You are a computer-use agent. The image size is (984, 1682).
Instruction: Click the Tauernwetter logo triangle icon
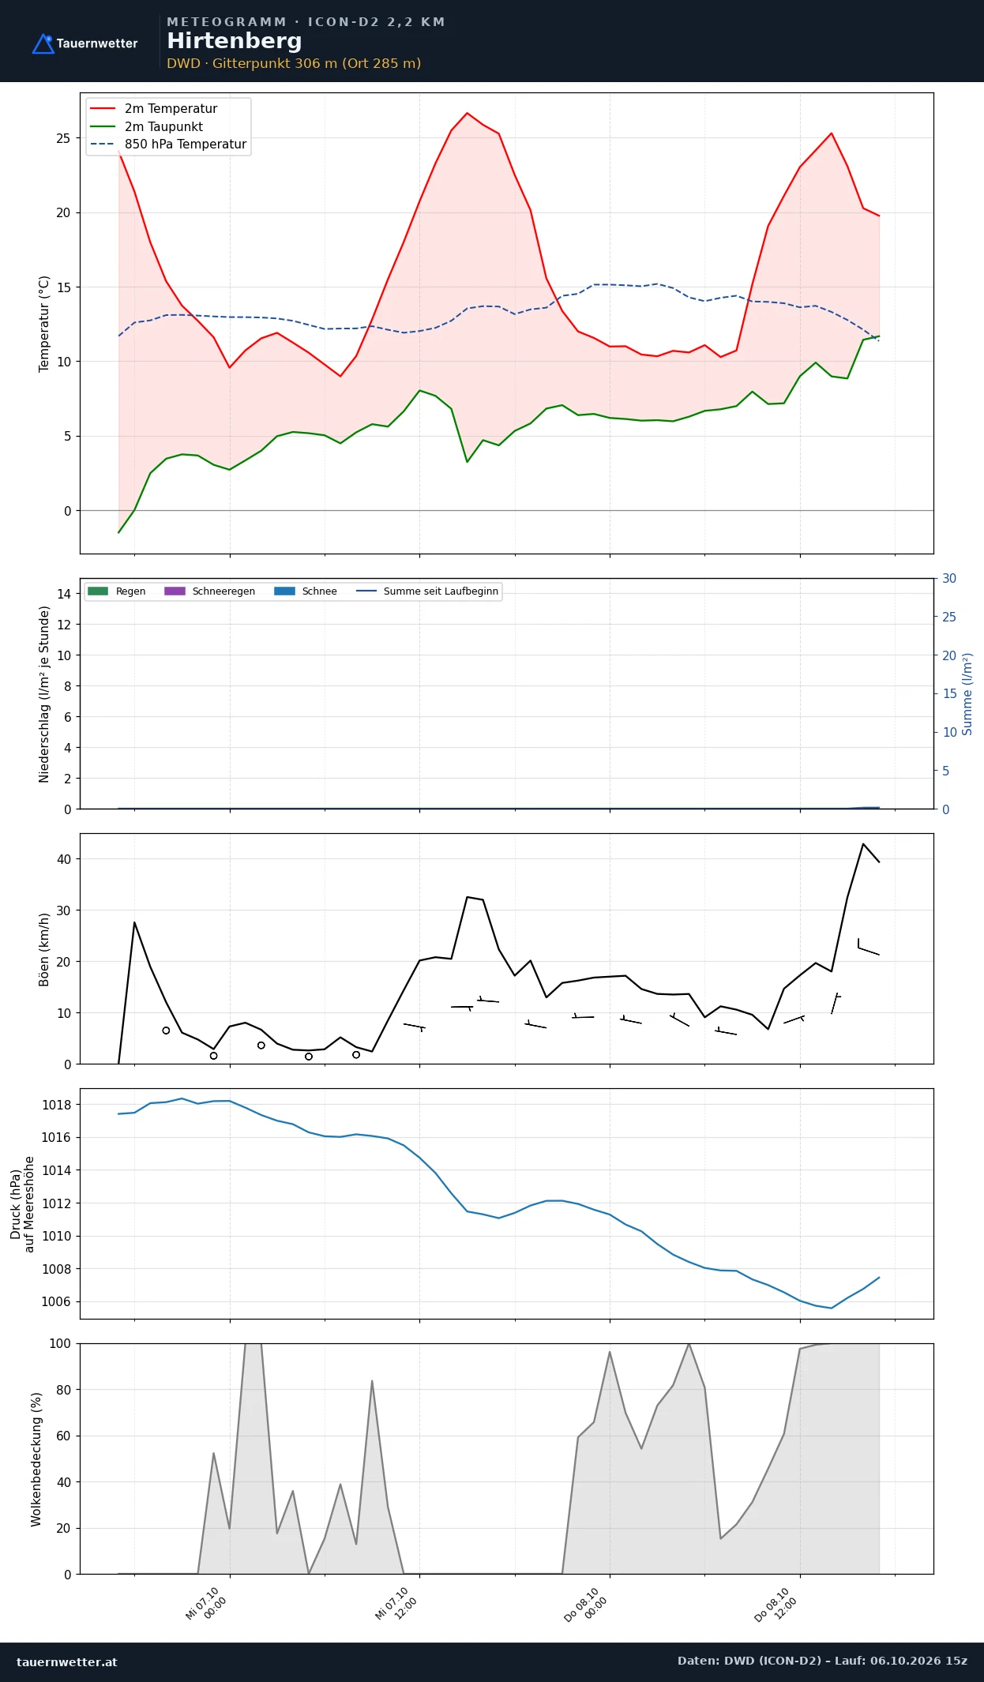(x=43, y=44)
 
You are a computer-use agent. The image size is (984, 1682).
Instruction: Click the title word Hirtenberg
(x=235, y=41)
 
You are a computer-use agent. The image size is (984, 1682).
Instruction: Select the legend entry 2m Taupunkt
(x=147, y=126)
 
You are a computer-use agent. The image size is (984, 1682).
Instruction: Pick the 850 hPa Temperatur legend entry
(x=168, y=145)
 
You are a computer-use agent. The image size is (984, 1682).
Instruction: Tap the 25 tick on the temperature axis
(x=63, y=138)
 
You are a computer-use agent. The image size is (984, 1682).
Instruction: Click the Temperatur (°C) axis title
(x=44, y=324)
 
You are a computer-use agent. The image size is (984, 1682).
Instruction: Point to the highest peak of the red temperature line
(x=467, y=113)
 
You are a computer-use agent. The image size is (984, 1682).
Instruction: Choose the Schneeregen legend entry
(x=209, y=591)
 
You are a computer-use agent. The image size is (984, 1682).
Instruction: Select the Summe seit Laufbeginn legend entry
(x=427, y=591)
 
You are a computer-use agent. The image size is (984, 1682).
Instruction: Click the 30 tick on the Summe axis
(x=949, y=579)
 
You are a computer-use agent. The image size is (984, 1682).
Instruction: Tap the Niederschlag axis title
(x=44, y=694)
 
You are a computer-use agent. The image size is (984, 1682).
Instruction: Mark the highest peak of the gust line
(x=863, y=844)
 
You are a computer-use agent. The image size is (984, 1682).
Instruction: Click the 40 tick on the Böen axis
(x=64, y=859)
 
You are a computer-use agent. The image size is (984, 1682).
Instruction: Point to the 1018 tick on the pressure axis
(x=56, y=1105)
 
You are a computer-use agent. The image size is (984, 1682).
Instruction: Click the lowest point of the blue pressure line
(x=832, y=1308)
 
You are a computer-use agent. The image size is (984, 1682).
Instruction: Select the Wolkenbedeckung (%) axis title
(x=36, y=1459)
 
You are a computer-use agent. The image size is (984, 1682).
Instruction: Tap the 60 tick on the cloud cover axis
(x=62, y=1436)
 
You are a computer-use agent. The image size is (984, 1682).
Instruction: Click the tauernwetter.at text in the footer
(x=67, y=1661)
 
